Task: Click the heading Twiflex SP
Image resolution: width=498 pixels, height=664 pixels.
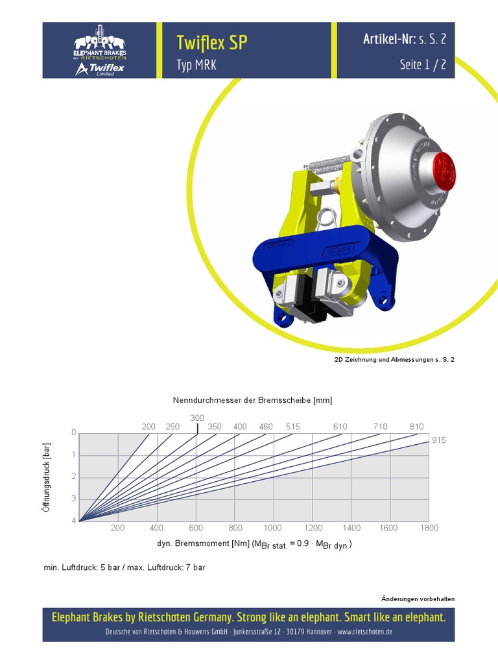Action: [212, 43]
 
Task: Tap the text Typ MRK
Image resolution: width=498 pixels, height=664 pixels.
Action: [196, 65]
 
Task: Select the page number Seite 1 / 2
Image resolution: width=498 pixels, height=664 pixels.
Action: [423, 64]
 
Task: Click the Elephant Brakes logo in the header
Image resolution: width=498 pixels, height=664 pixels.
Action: [100, 51]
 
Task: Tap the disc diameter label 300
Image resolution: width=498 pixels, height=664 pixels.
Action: [197, 418]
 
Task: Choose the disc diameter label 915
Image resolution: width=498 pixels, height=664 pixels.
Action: [439, 440]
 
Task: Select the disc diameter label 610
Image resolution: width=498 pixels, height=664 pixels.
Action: [340, 427]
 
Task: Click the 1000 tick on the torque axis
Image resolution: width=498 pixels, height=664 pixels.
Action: [272, 528]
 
